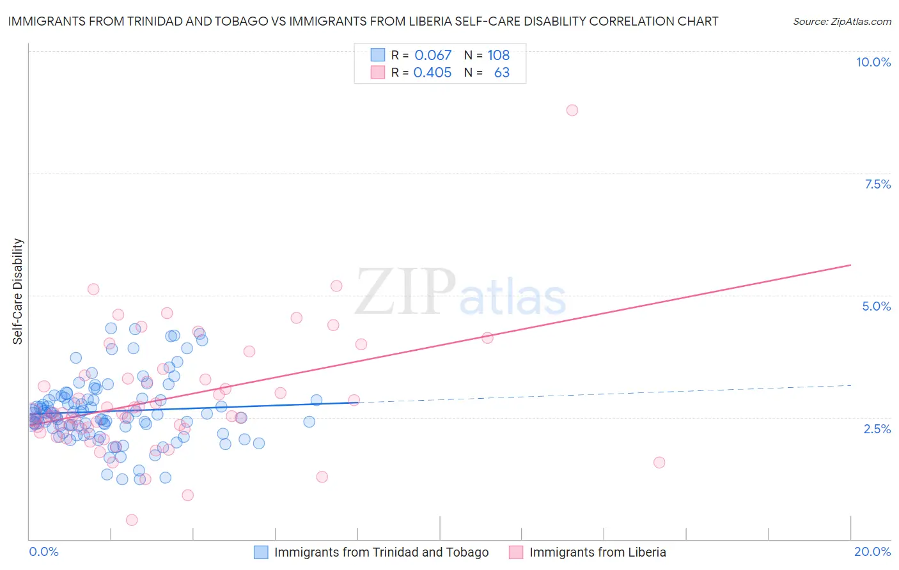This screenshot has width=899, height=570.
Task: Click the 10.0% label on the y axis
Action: [x=873, y=62]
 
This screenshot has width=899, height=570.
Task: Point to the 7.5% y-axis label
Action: [x=877, y=184]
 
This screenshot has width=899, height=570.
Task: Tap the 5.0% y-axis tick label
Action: [x=876, y=306]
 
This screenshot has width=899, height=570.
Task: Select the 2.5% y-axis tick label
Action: [x=877, y=429]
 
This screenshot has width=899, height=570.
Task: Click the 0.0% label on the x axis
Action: [x=43, y=551]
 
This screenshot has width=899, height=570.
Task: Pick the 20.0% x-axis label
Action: [x=872, y=551]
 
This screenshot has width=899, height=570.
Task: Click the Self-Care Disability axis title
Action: [x=18, y=291]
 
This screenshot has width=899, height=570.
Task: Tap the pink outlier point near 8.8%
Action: [x=572, y=110]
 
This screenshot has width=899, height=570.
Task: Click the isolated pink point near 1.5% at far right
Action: [x=659, y=463]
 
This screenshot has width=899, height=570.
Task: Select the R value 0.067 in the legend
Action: [x=433, y=55]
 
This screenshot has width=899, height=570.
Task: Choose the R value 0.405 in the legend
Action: [x=432, y=72]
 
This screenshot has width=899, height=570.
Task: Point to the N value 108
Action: [x=499, y=55]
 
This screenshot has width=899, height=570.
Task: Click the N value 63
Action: [x=502, y=72]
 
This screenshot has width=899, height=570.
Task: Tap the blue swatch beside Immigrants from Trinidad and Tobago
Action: [x=261, y=552]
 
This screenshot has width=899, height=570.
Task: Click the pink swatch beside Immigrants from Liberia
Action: [x=516, y=552]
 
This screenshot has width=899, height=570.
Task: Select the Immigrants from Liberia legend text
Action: [x=598, y=552]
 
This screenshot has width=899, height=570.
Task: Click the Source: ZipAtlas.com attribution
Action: [x=841, y=21]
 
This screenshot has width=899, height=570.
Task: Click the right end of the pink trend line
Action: [x=850, y=265]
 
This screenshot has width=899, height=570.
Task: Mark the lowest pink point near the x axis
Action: [x=132, y=520]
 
